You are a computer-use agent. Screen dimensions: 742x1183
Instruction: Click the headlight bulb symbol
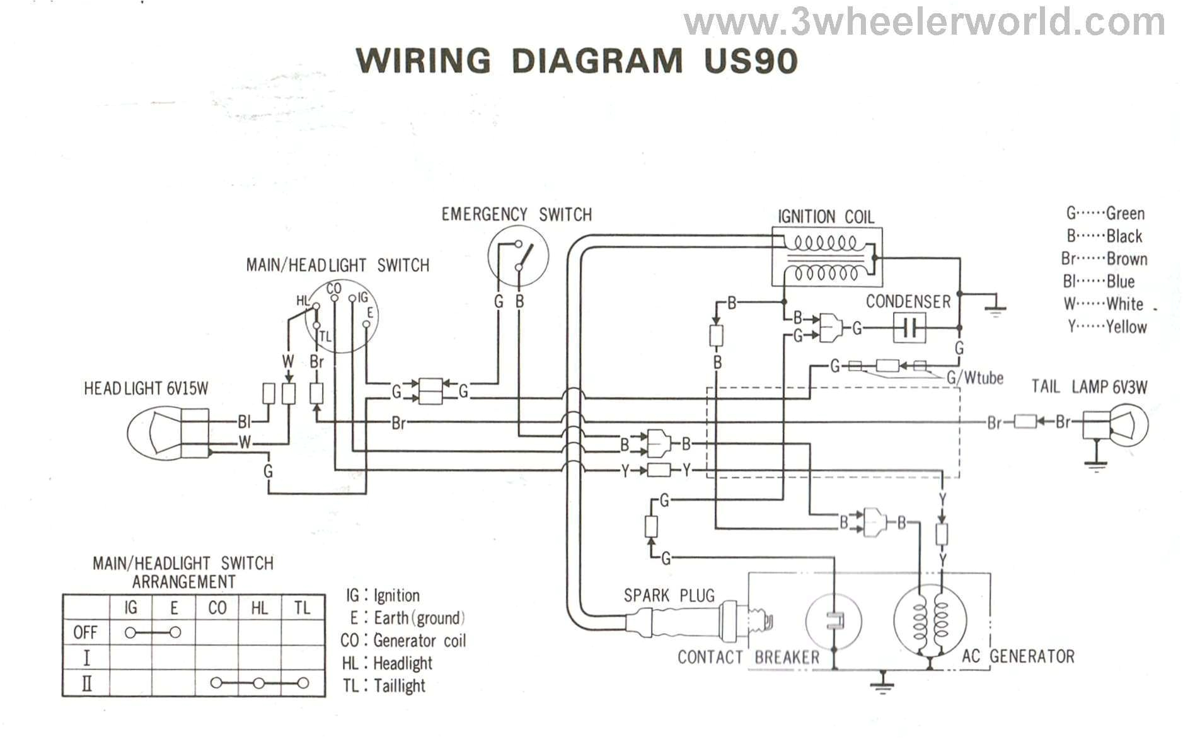(x=154, y=432)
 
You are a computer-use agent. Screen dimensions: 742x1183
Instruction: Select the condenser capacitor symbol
(x=909, y=328)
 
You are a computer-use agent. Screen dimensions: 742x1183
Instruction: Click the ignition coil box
(x=827, y=258)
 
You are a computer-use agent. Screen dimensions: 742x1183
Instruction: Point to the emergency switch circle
(x=518, y=256)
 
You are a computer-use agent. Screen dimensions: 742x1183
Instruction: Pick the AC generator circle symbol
(x=930, y=620)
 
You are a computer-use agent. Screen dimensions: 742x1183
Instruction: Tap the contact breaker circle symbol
(x=834, y=620)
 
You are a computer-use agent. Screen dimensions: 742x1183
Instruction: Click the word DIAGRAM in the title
(x=596, y=61)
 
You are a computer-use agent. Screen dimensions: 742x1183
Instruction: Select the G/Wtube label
(x=974, y=378)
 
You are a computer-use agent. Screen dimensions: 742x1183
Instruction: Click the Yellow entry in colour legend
(x=1107, y=327)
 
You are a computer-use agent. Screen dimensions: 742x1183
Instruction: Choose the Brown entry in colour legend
(x=1104, y=258)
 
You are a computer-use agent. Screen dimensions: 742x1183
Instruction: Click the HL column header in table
(x=259, y=608)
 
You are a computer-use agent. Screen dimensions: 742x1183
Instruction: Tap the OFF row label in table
(x=85, y=632)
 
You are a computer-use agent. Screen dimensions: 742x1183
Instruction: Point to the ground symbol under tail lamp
(x=1096, y=465)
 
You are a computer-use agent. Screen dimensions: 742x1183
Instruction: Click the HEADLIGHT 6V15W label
(x=146, y=388)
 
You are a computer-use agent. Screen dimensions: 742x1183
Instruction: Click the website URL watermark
(x=923, y=23)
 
